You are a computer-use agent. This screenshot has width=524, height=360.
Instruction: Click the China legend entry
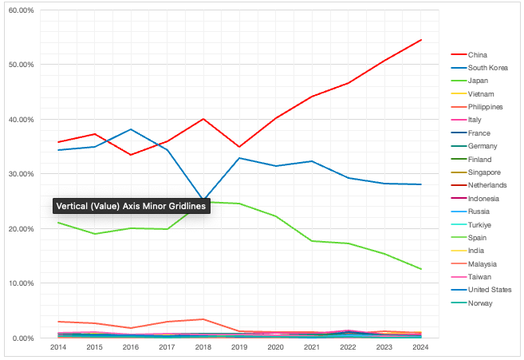[x=478, y=54]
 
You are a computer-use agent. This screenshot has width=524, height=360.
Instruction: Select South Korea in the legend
[x=485, y=68]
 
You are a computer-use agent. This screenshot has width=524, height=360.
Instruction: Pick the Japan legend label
[x=479, y=81]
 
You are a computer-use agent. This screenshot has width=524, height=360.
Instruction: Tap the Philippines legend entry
[x=485, y=107]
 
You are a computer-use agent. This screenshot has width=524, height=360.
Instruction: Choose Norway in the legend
[x=480, y=303]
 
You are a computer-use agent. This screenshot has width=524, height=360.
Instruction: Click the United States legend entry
[x=490, y=290]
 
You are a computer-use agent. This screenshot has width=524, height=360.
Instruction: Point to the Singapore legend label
[x=484, y=172]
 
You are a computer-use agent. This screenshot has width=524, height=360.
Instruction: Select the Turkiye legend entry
[x=481, y=224]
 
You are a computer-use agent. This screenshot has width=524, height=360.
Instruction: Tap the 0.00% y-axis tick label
[x=22, y=338]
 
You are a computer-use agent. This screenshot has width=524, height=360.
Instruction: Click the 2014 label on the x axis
[x=58, y=348]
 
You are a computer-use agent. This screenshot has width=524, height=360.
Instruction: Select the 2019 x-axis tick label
[x=240, y=348]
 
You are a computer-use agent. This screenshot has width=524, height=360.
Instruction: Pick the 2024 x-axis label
[x=421, y=348]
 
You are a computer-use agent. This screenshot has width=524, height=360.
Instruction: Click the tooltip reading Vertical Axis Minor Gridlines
[x=130, y=206]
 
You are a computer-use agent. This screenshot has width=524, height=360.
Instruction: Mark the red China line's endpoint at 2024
[x=421, y=40]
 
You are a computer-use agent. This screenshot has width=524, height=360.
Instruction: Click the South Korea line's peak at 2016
[x=131, y=129]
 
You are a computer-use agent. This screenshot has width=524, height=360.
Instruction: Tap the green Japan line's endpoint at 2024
[x=421, y=269]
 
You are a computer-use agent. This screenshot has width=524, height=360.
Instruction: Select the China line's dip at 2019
[x=240, y=147]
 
